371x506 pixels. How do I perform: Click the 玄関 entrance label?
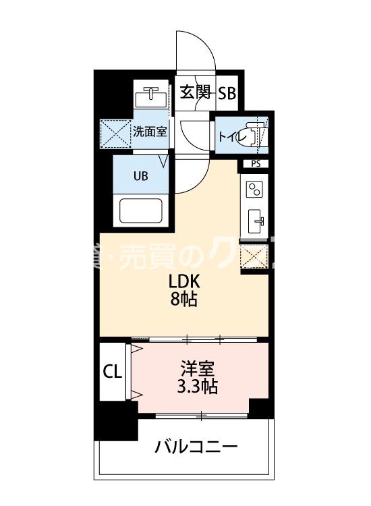tap(195, 93)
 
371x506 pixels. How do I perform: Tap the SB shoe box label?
tap(227, 94)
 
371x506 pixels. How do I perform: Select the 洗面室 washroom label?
tap(149, 132)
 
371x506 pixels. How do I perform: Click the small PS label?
tap(255, 163)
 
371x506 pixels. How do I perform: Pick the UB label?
tap(140, 177)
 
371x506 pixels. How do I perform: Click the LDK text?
tap(183, 281)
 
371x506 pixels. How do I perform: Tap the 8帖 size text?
tap(183, 300)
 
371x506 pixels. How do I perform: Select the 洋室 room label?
tap(198, 369)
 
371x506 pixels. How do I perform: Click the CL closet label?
tap(113, 372)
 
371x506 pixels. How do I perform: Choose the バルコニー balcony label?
tap(196, 447)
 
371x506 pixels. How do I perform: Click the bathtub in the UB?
tap(142, 210)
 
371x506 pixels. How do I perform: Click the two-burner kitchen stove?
tap(255, 189)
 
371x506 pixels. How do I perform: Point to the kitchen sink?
tap(256, 220)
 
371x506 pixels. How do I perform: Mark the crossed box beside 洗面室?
tap(115, 132)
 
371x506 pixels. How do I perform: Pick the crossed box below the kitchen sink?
tap(255, 257)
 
